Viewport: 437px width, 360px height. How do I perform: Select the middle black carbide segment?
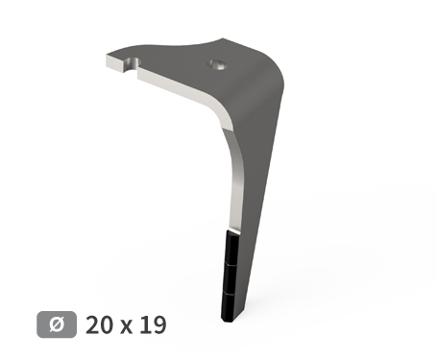coord(231,276)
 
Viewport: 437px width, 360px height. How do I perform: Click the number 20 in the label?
coord(101,324)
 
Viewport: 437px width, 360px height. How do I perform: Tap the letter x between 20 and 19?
coord(127,326)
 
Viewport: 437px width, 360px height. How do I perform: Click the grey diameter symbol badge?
coord(57,324)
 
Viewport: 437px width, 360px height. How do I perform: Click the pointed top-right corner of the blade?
coord(224,39)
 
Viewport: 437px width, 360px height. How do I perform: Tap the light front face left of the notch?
coord(113,66)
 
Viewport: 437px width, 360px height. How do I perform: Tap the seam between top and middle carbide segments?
coord(231,262)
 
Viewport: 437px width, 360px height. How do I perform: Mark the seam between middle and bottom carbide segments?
coord(231,291)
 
